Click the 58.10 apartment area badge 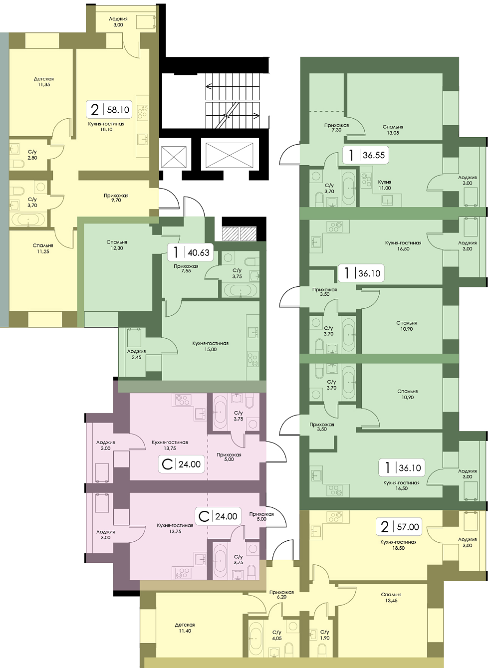pos(109,109)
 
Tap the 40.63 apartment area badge pos(190,252)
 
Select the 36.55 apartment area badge pos(366,155)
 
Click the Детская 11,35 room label pos(44,82)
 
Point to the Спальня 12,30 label pos(117,245)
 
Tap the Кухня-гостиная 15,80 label pos(210,347)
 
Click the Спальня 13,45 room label pos(391,597)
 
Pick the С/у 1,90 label pos(325,633)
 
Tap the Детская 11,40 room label pos(185,628)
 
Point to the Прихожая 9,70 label pos(116,198)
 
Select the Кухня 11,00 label pos(385,185)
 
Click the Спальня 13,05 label pos(393,130)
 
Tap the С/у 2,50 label pos(32,155)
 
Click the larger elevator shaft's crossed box pos(229,155)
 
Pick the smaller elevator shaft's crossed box pos(174,157)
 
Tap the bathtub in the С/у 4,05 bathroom pos(255,636)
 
